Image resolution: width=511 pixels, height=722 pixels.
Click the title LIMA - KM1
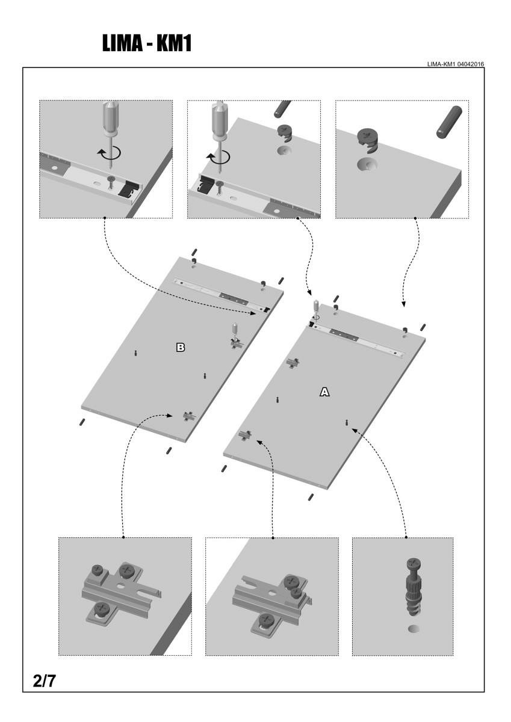[x=146, y=43]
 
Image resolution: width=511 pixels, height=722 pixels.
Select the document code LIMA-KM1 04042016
[x=456, y=64]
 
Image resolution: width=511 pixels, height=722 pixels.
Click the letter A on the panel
[x=324, y=392]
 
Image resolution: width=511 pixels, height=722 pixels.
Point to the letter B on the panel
[x=180, y=347]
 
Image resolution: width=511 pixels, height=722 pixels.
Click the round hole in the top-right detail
[x=368, y=164]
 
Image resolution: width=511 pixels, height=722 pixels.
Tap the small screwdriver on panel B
[x=235, y=333]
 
